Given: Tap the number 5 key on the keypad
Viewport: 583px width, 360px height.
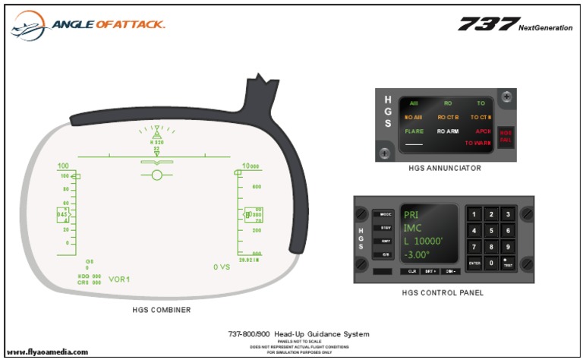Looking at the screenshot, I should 491,230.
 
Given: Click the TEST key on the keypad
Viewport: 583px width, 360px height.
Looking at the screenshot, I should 507,263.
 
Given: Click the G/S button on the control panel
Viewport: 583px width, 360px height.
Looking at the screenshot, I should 386,255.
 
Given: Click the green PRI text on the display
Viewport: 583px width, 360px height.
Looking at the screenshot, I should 411,214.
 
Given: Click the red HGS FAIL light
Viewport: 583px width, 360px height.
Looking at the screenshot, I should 506,134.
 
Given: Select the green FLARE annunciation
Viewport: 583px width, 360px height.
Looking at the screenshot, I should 414,131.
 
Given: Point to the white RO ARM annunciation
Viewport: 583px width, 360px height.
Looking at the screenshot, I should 447,131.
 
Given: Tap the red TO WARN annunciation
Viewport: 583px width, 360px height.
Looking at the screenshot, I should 479,143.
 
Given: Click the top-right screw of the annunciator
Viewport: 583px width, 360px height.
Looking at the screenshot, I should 508,96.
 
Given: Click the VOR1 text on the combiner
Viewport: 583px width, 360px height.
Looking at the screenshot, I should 119,279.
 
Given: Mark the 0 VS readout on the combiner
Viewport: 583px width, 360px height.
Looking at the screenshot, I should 222,267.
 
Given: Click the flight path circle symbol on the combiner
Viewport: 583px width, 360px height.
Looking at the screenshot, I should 157,175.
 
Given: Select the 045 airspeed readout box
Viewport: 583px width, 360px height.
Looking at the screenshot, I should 62,215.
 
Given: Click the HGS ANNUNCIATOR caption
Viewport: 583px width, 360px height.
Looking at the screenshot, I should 444,168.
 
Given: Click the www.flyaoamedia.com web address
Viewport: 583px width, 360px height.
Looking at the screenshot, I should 47,352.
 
